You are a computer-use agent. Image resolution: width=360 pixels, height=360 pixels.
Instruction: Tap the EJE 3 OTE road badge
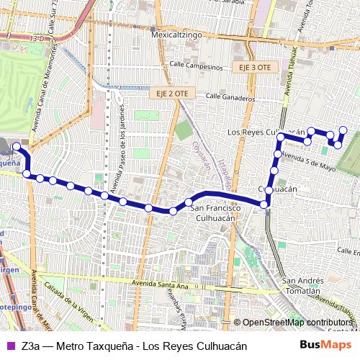(253, 67)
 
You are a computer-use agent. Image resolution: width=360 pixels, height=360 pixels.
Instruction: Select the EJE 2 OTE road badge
(171, 93)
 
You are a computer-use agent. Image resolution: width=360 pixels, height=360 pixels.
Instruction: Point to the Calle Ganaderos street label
(230, 96)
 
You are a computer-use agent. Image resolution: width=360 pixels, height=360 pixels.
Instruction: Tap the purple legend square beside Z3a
(10, 346)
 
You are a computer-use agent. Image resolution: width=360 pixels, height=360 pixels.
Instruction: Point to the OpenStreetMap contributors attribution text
(296, 323)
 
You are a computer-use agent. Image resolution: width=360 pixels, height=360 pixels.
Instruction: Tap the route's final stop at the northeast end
(343, 130)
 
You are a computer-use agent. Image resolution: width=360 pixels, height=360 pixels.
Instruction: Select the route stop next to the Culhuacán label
(268, 189)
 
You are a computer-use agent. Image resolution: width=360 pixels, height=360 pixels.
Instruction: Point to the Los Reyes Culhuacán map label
(262, 133)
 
